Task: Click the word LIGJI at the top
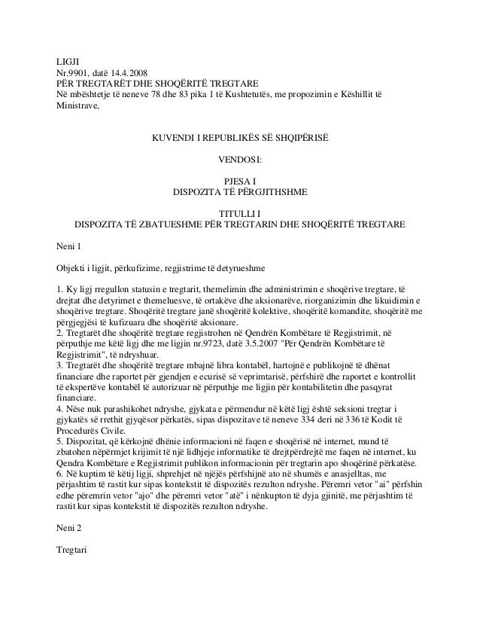click(68, 60)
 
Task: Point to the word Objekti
click(73, 268)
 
